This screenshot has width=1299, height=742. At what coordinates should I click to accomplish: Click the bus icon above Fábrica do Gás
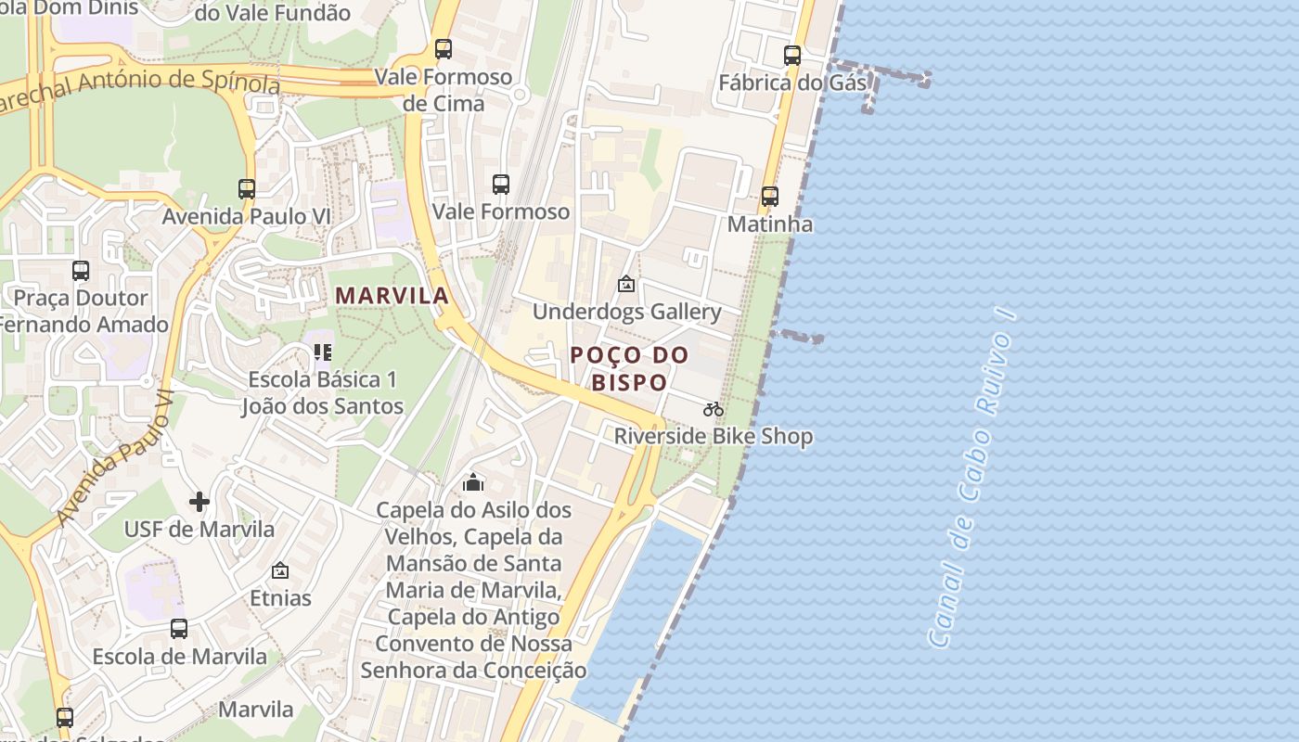coord(791,56)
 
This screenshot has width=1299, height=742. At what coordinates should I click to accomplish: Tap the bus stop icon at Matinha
coord(769,197)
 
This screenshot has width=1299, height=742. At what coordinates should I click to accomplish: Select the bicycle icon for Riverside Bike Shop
coord(713,409)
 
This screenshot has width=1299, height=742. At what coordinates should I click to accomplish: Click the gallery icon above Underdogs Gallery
coord(626,284)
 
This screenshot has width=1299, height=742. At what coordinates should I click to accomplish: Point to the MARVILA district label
coord(392,296)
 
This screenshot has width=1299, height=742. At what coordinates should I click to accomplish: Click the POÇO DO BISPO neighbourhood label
coord(629,368)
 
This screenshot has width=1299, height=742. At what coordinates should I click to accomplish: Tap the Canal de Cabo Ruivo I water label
coord(971,479)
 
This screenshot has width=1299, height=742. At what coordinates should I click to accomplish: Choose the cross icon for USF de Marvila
coord(199,502)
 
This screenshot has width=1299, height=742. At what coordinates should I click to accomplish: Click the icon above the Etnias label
coord(280,570)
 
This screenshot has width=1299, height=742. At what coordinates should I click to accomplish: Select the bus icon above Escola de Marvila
coord(179,629)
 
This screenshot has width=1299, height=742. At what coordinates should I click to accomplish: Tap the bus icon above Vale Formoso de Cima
coord(444,49)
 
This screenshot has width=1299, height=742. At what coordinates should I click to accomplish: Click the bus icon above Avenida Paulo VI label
coord(246,189)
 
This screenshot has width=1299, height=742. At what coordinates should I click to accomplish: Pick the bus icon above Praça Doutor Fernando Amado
coord(81,271)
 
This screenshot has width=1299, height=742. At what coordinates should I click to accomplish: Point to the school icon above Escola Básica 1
coord(322,352)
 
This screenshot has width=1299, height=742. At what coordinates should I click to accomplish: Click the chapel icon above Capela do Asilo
coord(473,482)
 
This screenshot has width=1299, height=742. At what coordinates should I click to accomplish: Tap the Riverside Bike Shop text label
coord(714,436)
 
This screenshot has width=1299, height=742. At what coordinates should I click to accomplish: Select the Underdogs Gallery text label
coord(626,312)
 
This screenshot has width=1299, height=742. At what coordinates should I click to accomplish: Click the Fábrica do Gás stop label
coord(792,83)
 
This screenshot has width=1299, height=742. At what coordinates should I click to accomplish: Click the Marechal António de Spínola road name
coord(139,89)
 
